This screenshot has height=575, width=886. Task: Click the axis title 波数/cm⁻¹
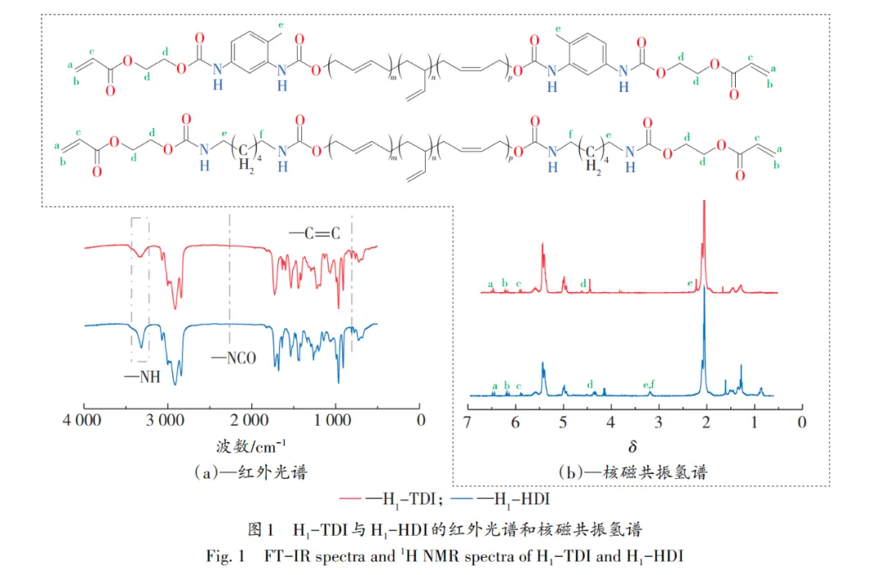click(251, 446)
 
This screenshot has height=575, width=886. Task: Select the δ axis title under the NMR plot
click(633, 447)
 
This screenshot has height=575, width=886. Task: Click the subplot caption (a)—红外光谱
click(251, 471)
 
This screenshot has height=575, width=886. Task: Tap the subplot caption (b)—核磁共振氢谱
click(633, 472)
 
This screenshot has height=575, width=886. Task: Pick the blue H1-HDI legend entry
click(514, 497)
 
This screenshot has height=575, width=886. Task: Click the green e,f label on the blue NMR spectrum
click(649, 384)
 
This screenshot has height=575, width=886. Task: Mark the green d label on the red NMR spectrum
click(582, 283)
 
